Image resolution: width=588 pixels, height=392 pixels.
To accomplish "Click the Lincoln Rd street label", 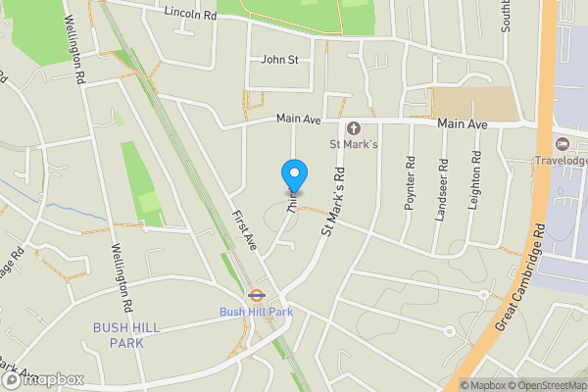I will coord(190,15).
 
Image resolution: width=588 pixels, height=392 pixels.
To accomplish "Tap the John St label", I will coord(279,60).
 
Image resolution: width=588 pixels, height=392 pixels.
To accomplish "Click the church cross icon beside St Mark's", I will coord(352,128).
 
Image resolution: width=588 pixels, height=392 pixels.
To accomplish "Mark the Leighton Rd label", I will coord(475,176).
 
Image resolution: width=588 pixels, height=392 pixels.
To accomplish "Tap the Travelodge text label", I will coord(560,161).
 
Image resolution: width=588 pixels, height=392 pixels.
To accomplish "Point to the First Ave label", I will coord(244,229).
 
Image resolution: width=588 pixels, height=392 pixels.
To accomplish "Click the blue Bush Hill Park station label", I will coord(257,312).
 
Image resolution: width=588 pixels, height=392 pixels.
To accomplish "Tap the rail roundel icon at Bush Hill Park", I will coord(256,293).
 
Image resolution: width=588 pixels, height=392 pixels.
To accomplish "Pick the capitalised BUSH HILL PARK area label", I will coord(132,335).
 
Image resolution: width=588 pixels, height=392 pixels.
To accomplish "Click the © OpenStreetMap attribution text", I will coord(547,385).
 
